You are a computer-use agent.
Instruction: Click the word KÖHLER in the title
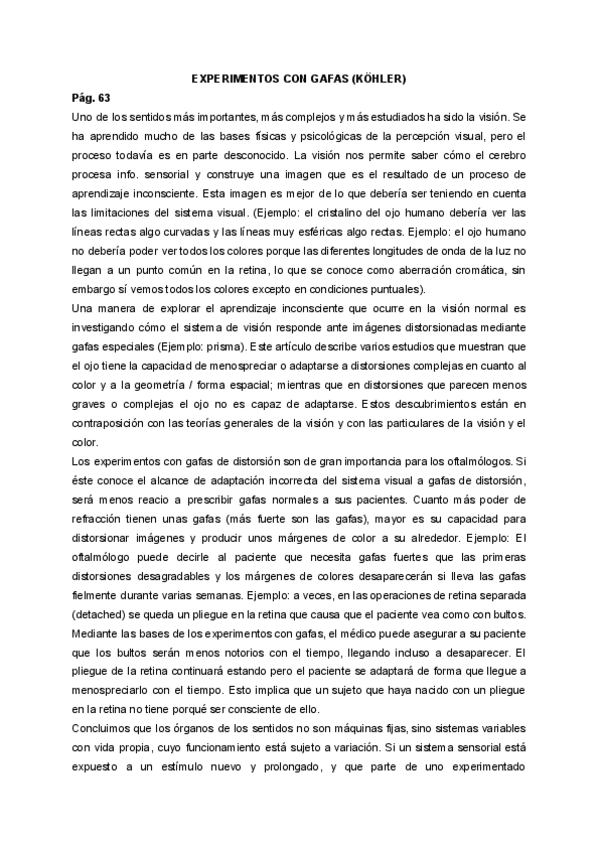pyautogui.click(x=375, y=77)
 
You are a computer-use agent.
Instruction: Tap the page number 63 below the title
pyautogui.click(x=103, y=98)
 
